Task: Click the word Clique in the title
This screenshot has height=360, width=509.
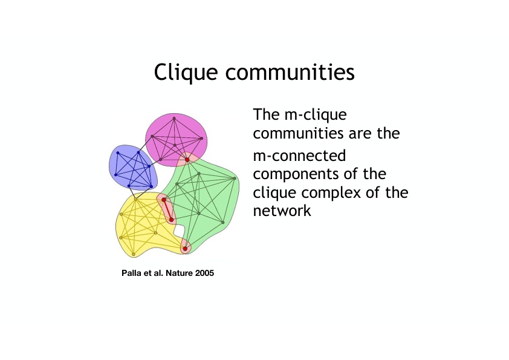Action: click(x=186, y=73)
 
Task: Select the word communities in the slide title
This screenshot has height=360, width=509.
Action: click(x=290, y=72)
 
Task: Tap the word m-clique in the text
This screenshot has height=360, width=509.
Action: click(x=316, y=115)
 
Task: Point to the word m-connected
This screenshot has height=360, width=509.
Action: click(x=299, y=155)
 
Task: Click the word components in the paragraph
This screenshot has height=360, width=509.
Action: click(x=296, y=175)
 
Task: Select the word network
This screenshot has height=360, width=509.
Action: click(x=282, y=211)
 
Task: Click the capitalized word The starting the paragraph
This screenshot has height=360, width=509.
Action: click(x=266, y=115)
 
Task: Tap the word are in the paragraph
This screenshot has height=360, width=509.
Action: click(x=360, y=134)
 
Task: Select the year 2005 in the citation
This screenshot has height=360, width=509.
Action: click(x=204, y=273)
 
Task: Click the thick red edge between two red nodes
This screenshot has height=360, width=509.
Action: click(x=167, y=210)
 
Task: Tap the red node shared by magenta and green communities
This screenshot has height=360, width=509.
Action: click(x=187, y=160)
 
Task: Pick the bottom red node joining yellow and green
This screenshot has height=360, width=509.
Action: click(x=185, y=249)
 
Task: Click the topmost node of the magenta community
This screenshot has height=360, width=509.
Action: click(x=174, y=119)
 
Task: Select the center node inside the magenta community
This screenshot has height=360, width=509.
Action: click(x=175, y=145)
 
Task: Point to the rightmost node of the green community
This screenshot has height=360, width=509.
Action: click(x=235, y=178)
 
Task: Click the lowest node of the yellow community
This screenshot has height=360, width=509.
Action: click(x=134, y=254)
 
